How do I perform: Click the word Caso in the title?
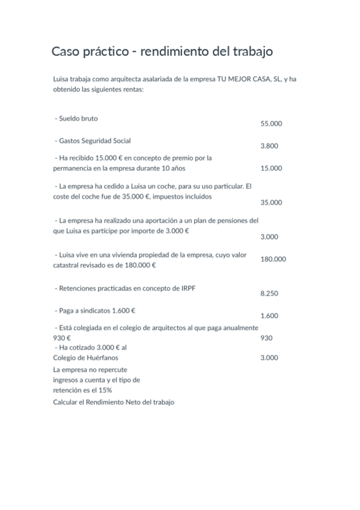(64, 52)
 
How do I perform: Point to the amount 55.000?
(271, 123)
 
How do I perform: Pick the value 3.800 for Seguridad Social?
(269, 146)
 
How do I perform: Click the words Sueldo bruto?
(79, 118)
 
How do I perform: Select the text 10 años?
(165, 168)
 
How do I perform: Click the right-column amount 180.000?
(273, 259)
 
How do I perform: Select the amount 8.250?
(269, 293)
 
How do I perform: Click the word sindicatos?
(96, 310)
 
